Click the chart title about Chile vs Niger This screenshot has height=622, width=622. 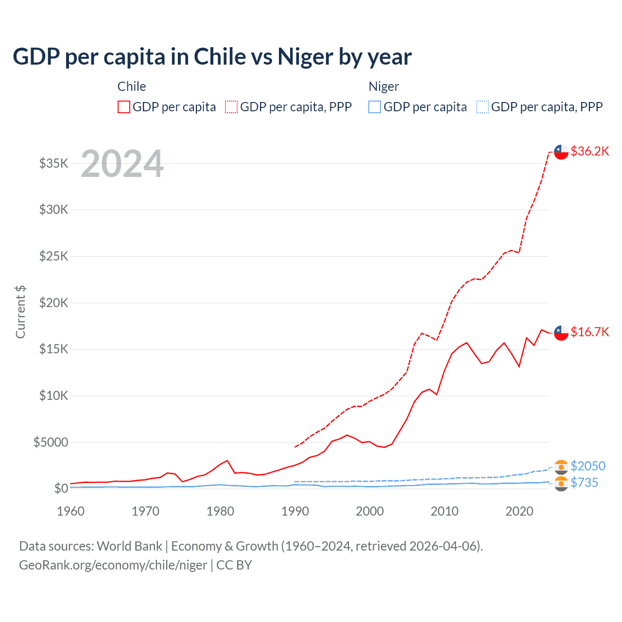tap(212, 57)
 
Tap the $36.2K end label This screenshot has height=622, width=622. tap(589, 151)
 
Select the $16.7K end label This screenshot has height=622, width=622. tap(589, 332)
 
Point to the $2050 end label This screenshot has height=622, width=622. tap(588, 466)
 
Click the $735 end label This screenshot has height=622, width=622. tap(584, 483)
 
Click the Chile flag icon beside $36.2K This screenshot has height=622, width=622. tap(561, 152)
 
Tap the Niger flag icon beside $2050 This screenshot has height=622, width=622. tap(561, 466)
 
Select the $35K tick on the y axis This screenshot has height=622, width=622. tap(53, 163)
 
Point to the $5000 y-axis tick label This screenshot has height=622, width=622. tap(51, 442)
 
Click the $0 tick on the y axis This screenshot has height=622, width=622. tap(61, 488)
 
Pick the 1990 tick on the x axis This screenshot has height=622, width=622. tap(295, 511)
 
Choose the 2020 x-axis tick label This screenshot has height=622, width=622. tap(519, 511)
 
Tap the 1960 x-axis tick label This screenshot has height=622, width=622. tap(71, 511)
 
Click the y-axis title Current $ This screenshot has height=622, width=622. tap(20, 312)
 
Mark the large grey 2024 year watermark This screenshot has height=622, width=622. tap(122, 164)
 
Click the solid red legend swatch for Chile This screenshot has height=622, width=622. tap(124, 107)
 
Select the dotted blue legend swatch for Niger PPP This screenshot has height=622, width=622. tap(483, 107)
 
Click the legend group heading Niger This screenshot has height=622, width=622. tap(383, 86)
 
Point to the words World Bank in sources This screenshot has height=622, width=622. tap(129, 546)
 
